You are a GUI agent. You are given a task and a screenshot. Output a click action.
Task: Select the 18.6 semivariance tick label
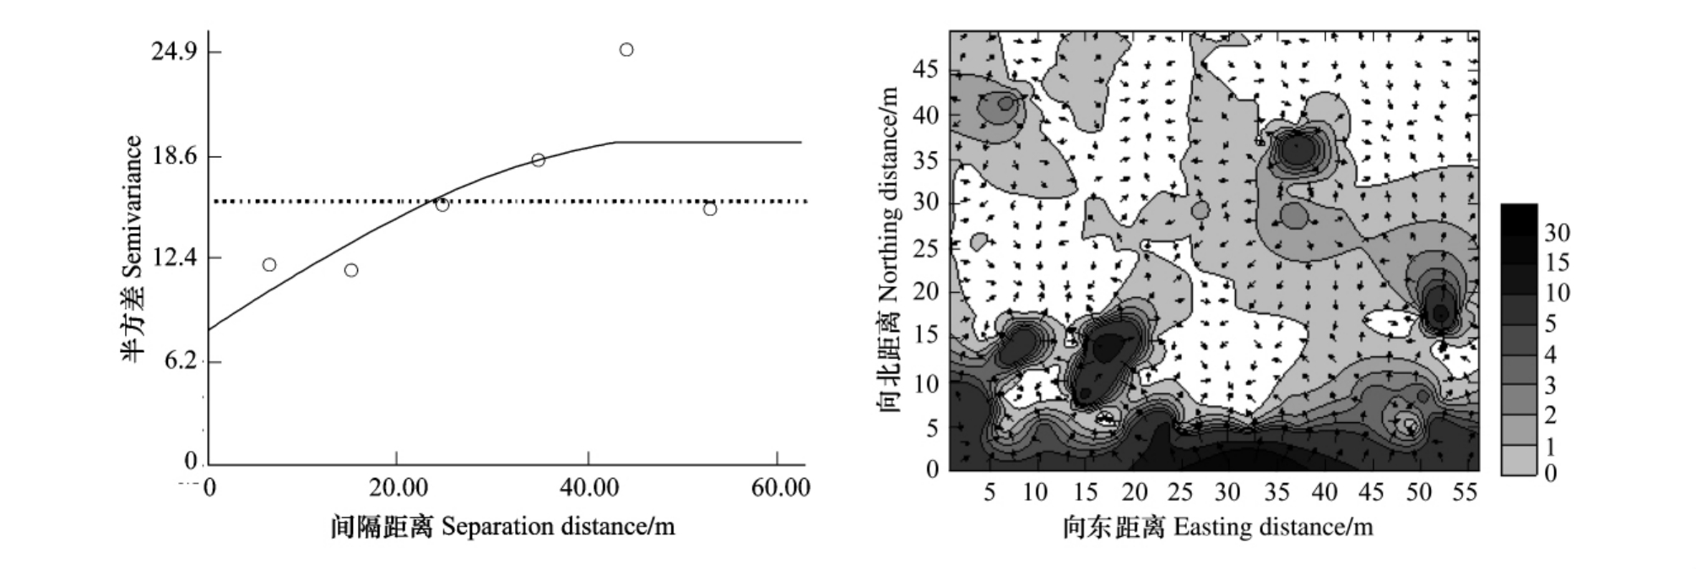[x=174, y=156]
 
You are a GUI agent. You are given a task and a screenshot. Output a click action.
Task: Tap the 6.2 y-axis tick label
[x=181, y=361]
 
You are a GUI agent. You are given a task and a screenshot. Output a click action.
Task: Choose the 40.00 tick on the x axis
[x=589, y=488]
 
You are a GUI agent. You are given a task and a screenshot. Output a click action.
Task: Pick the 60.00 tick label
[x=780, y=488]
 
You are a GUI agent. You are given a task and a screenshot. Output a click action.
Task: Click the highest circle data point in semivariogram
[x=626, y=50]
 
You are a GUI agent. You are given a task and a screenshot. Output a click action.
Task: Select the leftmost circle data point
[x=269, y=265]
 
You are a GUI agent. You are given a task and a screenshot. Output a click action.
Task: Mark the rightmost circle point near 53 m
[x=710, y=209]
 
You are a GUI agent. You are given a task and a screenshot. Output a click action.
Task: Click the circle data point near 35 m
[x=539, y=160]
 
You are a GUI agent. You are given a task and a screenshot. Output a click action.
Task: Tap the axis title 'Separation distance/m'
[x=558, y=527]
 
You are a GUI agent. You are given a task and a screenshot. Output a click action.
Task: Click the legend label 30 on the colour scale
[x=1557, y=233]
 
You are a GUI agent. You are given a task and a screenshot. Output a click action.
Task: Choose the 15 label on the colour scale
[x=1557, y=263]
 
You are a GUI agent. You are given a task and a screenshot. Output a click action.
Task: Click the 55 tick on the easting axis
[x=1466, y=492]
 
